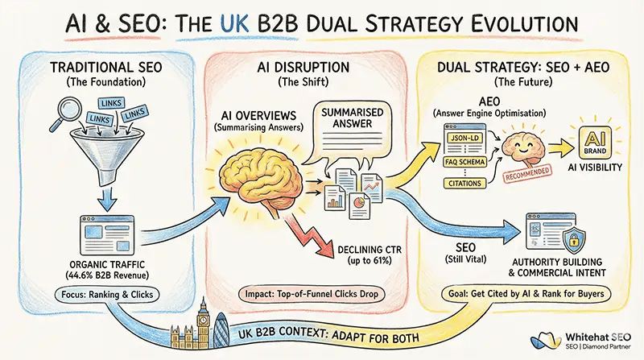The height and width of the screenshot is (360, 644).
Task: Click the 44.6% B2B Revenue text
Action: (x=108, y=274)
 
